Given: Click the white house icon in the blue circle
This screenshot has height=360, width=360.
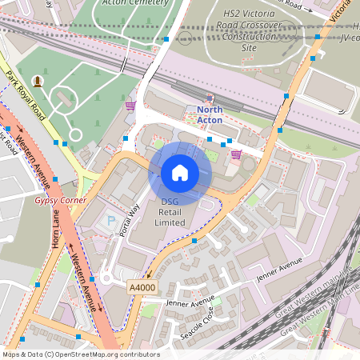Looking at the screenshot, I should click(x=180, y=173).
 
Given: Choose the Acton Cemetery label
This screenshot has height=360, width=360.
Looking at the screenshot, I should click(x=133, y=3).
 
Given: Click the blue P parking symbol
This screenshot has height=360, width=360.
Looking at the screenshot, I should click(x=111, y=218).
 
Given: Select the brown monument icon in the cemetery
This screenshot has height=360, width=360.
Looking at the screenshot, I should click(x=38, y=82).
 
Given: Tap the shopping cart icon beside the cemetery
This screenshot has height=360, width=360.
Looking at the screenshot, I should click(x=130, y=106).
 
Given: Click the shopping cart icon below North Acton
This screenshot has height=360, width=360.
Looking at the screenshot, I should click(x=235, y=154).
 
